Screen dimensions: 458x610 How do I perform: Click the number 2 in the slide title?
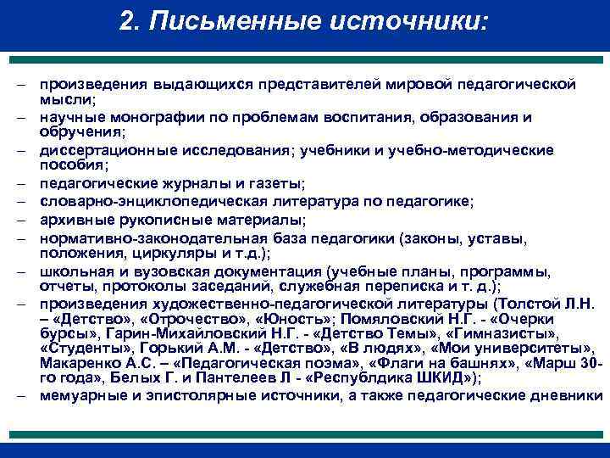[127, 20]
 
